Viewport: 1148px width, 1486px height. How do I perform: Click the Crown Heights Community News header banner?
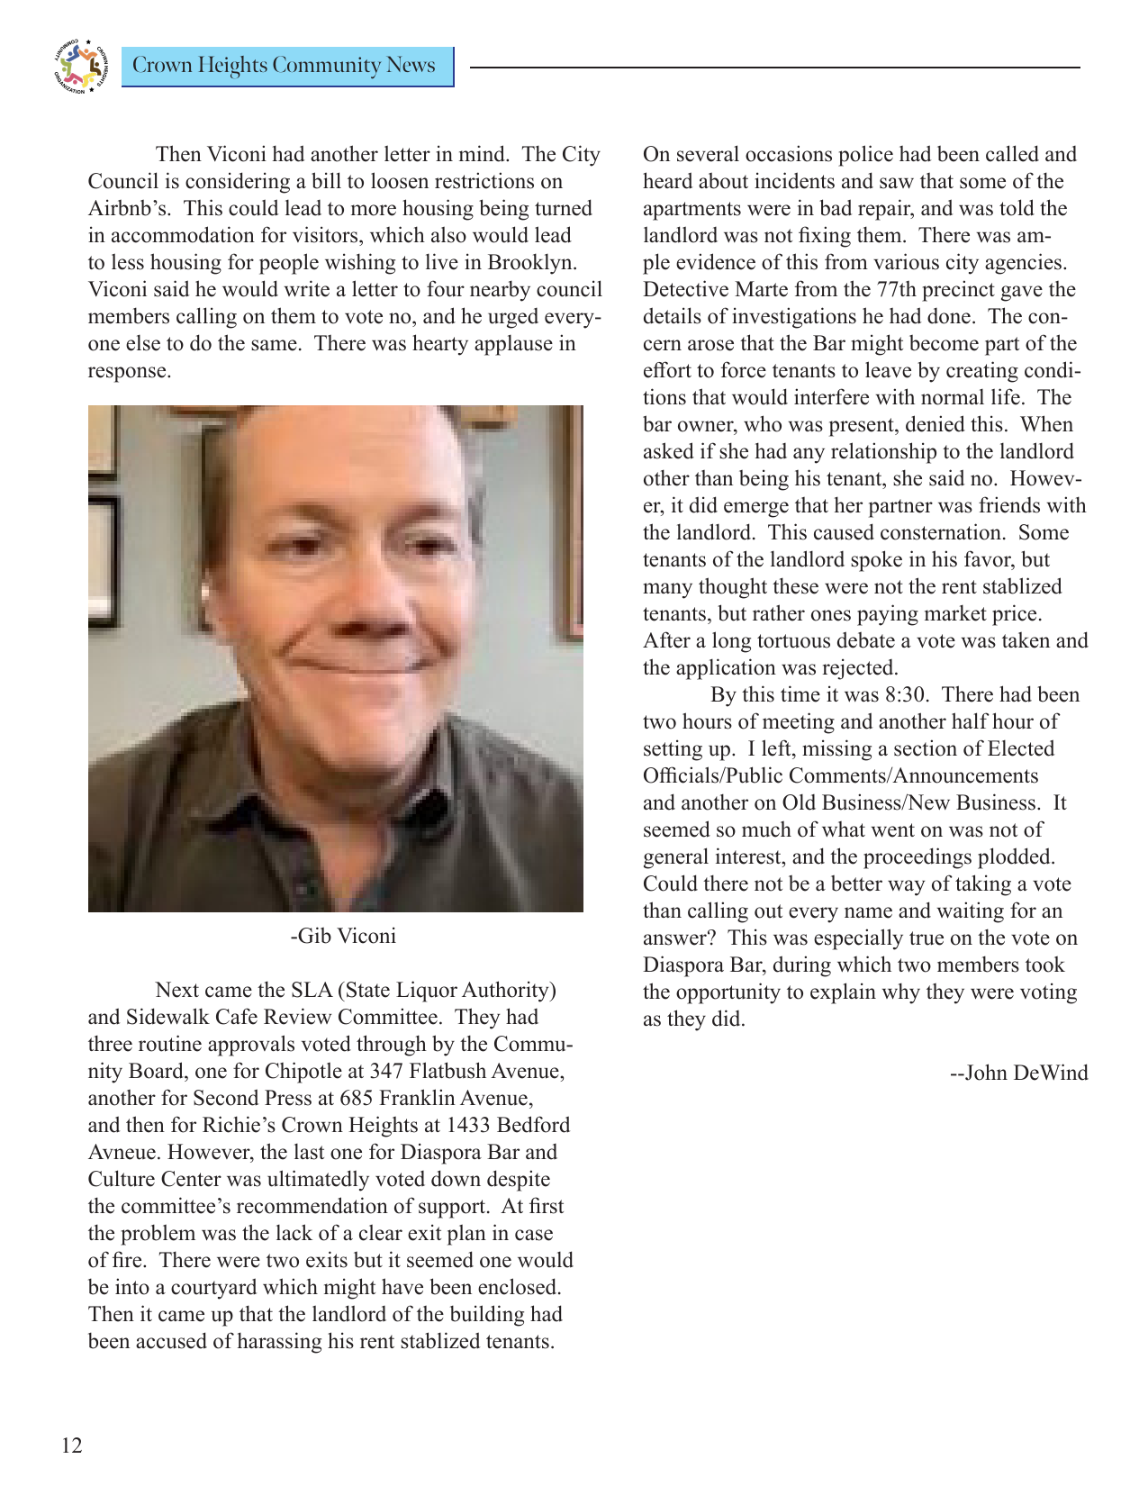click(x=286, y=66)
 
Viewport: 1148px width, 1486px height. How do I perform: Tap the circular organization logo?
click(x=80, y=66)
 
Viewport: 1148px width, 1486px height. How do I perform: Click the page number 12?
click(x=71, y=1445)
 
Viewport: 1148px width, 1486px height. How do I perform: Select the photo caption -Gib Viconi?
click(x=342, y=936)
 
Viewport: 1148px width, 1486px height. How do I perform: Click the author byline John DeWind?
click(x=1019, y=1073)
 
